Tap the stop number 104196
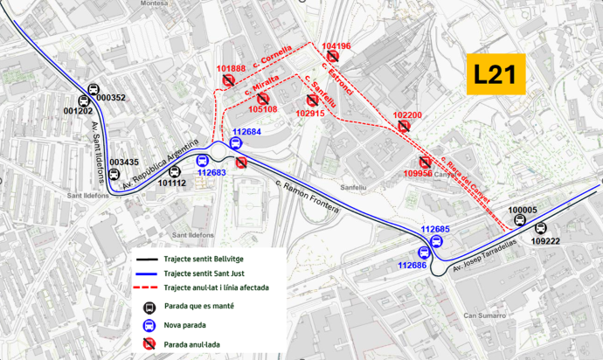point(336,45)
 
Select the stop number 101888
point(231,68)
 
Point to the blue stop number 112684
point(246,132)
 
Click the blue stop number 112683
point(211,173)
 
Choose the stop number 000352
point(111,98)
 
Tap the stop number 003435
point(124,162)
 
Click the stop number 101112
point(172,183)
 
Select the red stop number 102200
point(407,115)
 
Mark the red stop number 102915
point(310,113)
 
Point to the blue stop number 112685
point(435,229)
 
